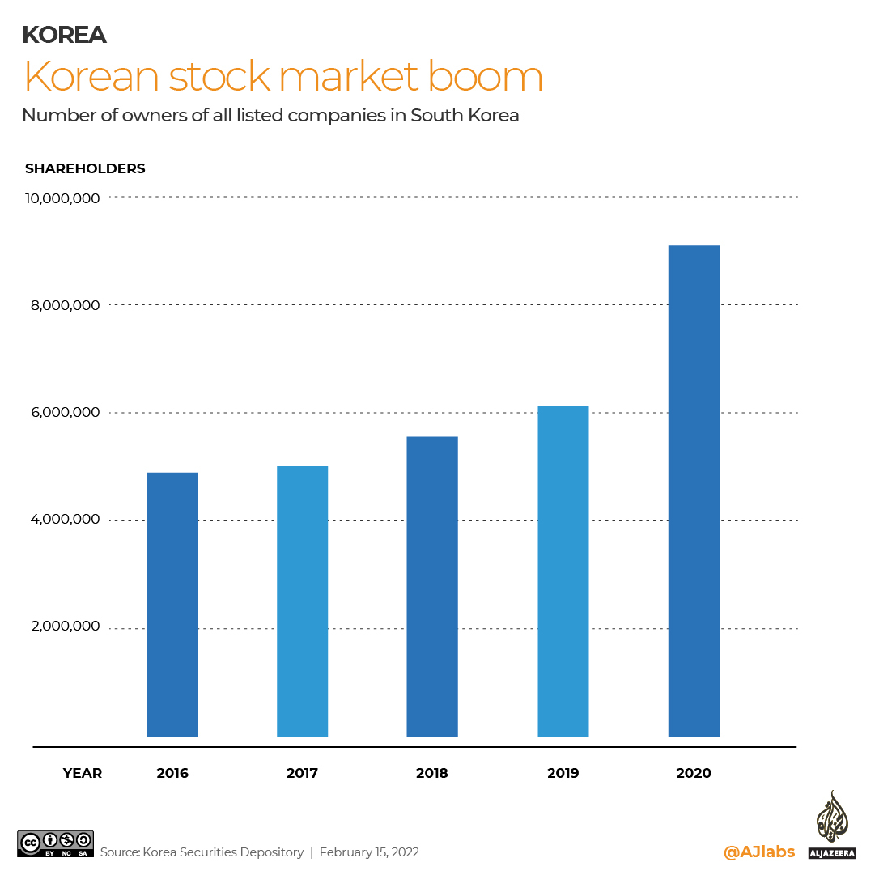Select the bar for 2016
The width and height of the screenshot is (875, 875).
point(172,604)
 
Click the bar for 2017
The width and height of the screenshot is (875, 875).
point(302,601)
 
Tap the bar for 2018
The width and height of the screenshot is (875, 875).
point(432,586)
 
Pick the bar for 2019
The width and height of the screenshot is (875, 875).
point(563,571)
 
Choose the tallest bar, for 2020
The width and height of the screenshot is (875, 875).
point(693,491)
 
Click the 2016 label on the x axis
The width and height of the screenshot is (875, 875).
point(172,773)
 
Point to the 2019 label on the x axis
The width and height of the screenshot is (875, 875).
point(563,773)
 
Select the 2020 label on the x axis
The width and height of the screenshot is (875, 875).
point(693,773)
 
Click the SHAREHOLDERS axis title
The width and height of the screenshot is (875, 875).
point(85,168)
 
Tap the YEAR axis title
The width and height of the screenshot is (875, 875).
point(83,773)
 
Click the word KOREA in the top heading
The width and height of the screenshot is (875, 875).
point(64,35)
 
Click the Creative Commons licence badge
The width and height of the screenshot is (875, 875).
point(55,843)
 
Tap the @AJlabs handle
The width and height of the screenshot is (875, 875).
point(758,852)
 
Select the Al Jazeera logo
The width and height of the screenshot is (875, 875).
point(831,824)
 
